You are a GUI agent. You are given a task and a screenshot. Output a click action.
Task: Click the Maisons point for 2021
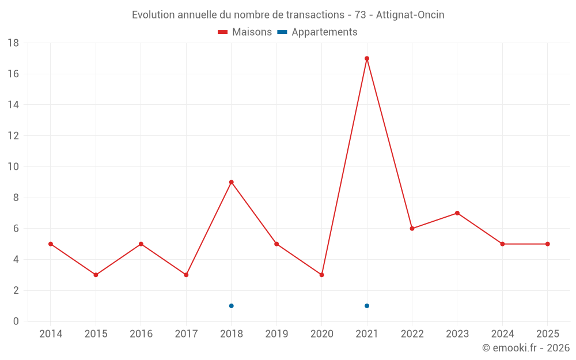click(x=367, y=58)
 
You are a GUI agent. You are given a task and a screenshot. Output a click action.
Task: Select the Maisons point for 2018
click(x=231, y=182)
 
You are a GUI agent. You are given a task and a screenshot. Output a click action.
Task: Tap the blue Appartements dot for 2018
click(x=231, y=306)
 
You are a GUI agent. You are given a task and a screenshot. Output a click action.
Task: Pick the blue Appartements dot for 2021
click(x=367, y=306)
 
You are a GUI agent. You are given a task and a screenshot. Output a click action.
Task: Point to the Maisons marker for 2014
click(x=51, y=244)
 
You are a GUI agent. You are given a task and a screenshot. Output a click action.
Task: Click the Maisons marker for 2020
click(x=321, y=275)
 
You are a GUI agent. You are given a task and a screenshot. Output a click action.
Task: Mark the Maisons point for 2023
click(x=457, y=213)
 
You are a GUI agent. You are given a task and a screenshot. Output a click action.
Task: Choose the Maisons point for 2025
click(x=548, y=244)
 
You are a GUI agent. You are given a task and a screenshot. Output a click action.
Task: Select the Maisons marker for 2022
click(x=412, y=229)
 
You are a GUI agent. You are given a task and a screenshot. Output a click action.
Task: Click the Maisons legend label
click(x=252, y=32)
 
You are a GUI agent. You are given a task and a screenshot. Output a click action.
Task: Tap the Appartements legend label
click(x=324, y=32)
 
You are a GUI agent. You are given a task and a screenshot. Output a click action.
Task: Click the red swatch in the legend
click(x=223, y=32)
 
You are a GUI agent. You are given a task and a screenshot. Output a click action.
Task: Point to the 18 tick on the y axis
click(x=13, y=43)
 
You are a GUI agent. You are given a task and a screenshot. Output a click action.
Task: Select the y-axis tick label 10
click(x=13, y=167)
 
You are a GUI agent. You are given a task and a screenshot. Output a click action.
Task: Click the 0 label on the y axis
click(x=16, y=321)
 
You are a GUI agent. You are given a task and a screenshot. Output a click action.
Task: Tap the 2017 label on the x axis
click(x=186, y=334)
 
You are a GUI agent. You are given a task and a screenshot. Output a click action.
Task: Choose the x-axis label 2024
click(x=502, y=334)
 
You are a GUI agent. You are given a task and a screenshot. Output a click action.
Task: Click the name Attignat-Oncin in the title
click(x=410, y=15)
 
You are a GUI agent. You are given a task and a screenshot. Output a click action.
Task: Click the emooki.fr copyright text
click(x=526, y=348)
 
